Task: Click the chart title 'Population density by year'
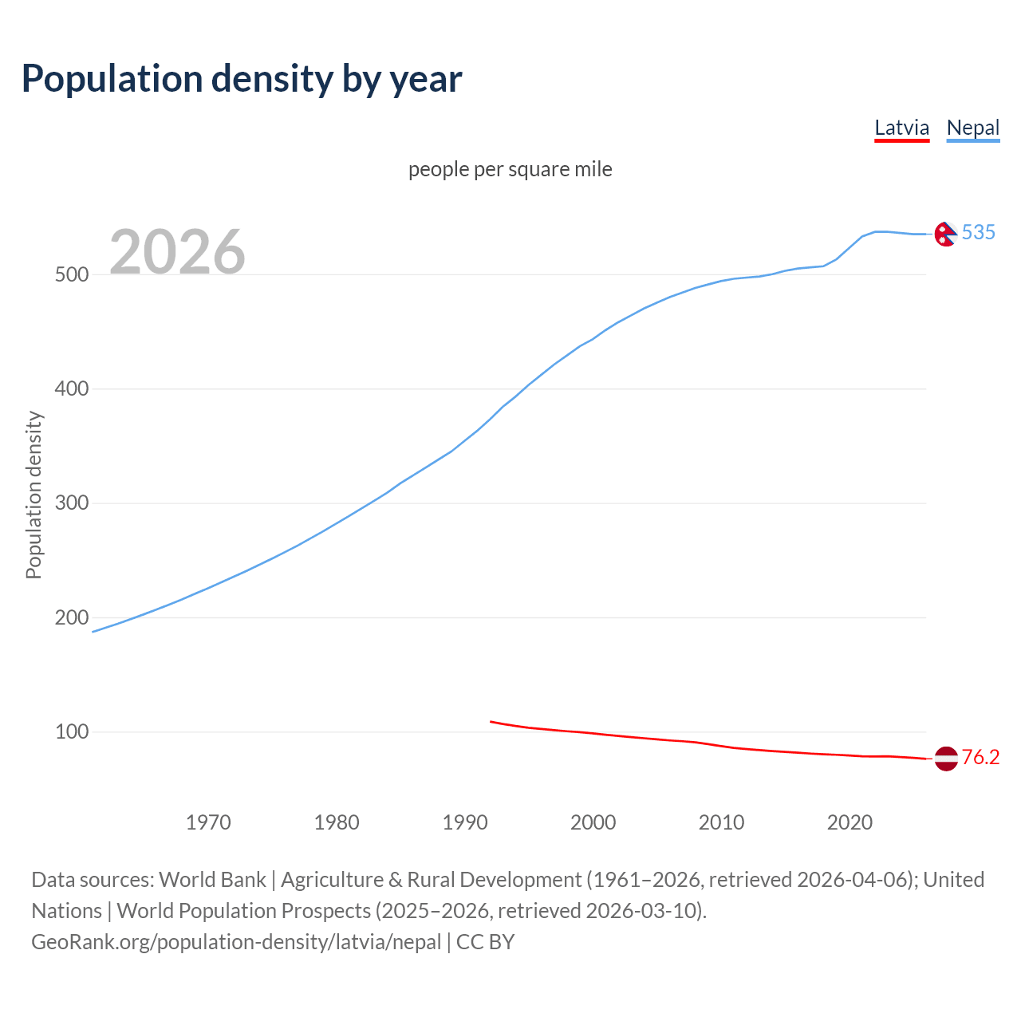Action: [x=242, y=79]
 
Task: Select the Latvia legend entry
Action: [x=901, y=128]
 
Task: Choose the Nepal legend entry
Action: [x=972, y=128]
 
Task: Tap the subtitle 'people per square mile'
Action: [x=510, y=169]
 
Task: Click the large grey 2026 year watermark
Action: [x=177, y=252]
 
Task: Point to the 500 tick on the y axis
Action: [x=71, y=274]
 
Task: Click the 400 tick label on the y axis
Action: [x=71, y=389]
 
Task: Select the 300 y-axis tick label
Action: [x=71, y=503]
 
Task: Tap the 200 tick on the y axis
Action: [x=71, y=617]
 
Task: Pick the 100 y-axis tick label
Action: [x=71, y=732]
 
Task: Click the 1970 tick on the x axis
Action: [x=208, y=822]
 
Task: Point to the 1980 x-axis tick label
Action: [x=337, y=822]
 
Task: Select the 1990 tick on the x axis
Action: [x=465, y=822]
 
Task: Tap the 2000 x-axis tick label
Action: [x=593, y=822]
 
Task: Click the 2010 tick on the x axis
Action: [x=721, y=822]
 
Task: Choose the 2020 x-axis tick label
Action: [x=850, y=822]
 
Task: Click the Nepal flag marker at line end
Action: [x=945, y=234]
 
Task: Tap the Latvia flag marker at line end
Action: [x=945, y=759]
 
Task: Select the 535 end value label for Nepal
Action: [x=979, y=232]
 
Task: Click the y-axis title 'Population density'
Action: [x=34, y=495]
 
